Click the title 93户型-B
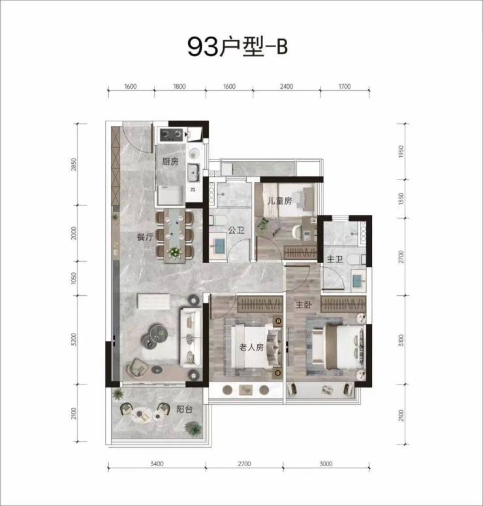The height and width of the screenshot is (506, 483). point(238,47)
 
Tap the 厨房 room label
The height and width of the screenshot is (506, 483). point(170,161)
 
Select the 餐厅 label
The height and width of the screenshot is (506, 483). point(145,237)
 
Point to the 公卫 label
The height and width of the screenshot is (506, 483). point(236,230)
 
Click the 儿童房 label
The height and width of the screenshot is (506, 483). point(279,200)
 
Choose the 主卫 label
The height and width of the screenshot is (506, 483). point(335,259)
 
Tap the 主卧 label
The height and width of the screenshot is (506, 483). point(304,304)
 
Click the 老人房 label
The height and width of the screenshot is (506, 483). point(251,347)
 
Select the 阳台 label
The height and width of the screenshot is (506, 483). point(184,409)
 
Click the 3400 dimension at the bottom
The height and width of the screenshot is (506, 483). point(157,464)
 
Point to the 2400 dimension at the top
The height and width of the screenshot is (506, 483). point(287,86)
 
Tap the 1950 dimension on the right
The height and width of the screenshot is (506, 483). point(401,151)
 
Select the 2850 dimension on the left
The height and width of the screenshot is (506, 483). point(74,165)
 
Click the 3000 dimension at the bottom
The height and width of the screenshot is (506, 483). point(326,464)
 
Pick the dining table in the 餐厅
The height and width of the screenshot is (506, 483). point(174,236)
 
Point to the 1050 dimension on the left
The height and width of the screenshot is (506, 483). point(74,278)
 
